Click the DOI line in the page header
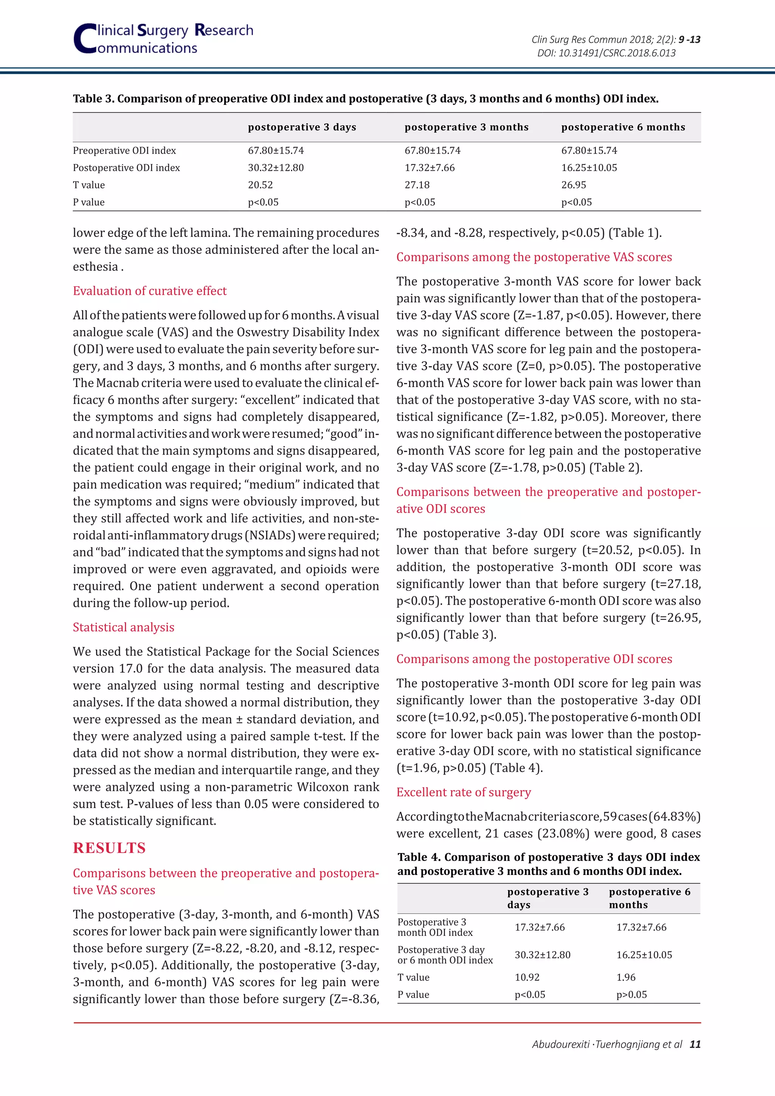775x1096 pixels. [606, 53]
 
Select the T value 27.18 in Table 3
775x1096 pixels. [417, 185]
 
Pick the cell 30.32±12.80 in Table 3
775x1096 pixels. [275, 168]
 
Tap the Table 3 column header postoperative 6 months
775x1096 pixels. [623, 127]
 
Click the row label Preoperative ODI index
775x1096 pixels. [124, 150]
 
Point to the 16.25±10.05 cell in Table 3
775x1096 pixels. [589, 168]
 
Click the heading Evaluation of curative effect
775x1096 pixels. [149, 291]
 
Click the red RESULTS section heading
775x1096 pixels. [109, 848]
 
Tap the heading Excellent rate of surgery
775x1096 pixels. [464, 792]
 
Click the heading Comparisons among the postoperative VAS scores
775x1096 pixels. [534, 257]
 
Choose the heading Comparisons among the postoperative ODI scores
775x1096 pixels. [534, 659]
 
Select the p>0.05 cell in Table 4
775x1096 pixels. [631, 994]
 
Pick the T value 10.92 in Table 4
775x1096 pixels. [527, 977]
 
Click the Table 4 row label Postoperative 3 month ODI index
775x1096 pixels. [434, 927]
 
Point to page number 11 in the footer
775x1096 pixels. [695, 1044]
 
